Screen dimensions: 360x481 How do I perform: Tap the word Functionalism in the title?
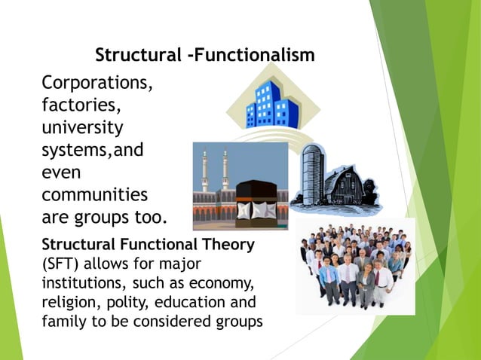point(257,56)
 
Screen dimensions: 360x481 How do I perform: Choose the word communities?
point(94,195)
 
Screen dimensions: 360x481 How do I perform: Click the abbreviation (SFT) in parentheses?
point(62,264)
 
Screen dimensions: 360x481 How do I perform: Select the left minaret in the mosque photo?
point(204,169)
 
